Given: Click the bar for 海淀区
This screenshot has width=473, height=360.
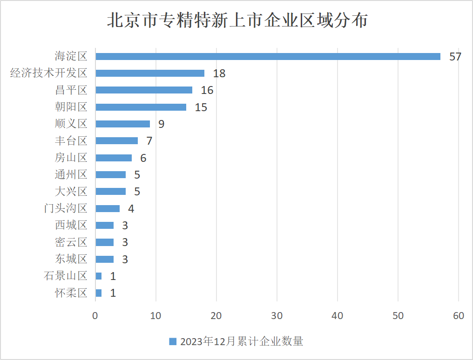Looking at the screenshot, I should click(268, 56).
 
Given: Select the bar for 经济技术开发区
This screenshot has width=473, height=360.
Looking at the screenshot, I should click(150, 73).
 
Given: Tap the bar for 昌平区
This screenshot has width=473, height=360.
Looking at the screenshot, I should click(144, 90).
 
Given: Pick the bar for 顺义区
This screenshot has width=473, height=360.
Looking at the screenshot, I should click(122, 124).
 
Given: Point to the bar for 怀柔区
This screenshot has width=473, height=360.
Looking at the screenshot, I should click(98, 293).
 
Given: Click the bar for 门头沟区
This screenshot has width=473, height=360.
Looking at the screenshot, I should click(108, 208).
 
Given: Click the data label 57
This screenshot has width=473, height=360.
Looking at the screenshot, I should click(455, 57).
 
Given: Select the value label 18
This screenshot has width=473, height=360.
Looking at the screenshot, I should click(219, 73).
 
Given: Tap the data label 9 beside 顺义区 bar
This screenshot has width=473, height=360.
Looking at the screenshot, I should click(161, 124).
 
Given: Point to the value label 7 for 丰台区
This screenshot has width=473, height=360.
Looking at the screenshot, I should click(149, 141).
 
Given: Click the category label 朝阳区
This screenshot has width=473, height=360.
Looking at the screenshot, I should click(71, 107).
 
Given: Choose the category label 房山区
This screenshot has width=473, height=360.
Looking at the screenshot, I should click(71, 158).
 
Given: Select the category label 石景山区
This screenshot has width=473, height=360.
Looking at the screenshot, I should click(66, 276).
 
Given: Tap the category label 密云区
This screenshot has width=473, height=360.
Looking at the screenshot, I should click(71, 242).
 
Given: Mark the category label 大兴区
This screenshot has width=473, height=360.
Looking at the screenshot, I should click(71, 191).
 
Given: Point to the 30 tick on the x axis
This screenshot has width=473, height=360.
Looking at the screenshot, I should click(277, 316).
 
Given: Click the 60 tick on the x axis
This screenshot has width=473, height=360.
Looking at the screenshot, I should click(459, 316).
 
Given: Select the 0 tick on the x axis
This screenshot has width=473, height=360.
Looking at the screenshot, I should click(95, 316).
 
